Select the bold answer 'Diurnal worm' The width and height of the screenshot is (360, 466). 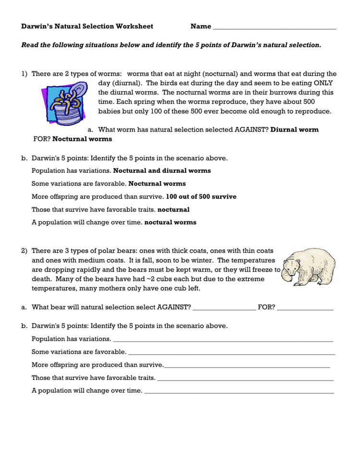pos(295,130)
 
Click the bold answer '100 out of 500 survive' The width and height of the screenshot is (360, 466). pos(201,196)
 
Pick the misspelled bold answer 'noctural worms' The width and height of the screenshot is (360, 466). pos(170,222)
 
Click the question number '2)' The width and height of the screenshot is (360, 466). pos(25,251)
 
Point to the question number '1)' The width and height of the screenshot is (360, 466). pos(25,74)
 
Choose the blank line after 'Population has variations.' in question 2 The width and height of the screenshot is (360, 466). pos(223,339)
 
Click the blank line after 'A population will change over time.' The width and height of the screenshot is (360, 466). pos(239,391)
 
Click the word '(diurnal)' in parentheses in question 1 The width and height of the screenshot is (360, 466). pos(112,83)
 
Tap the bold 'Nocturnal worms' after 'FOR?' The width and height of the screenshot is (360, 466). pos(82,139)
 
